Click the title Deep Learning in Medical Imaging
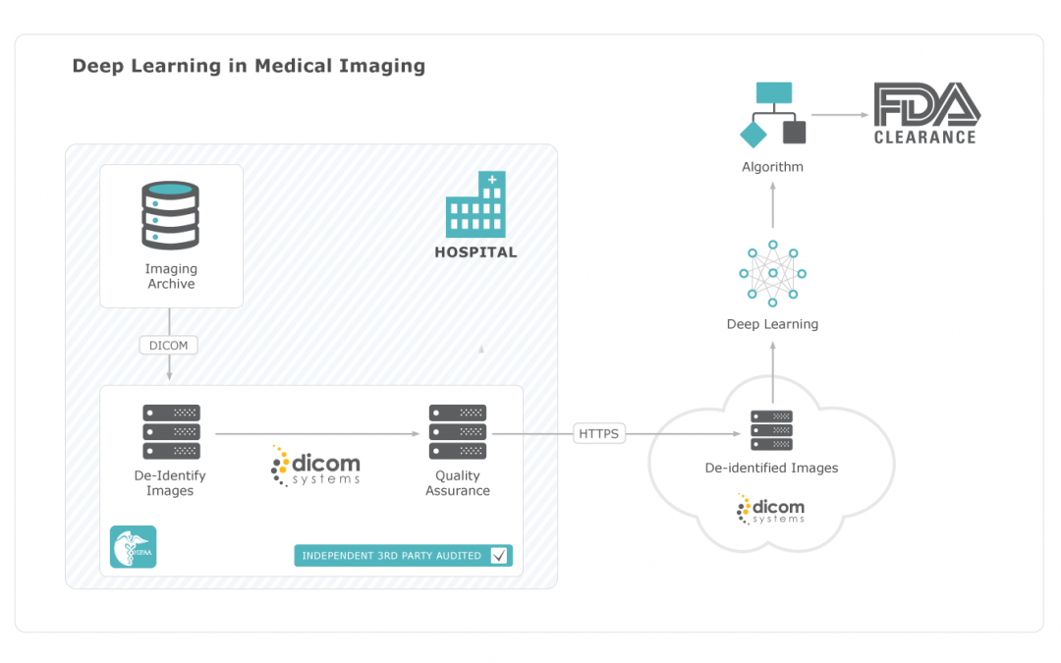[249, 67]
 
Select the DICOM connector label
[170, 345]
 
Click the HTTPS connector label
[598, 433]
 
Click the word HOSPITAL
[475, 252]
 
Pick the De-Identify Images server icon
[171, 431]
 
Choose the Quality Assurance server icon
[458, 431]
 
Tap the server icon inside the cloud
[771, 430]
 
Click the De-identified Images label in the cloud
[771, 469]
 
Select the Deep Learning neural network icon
[772, 272]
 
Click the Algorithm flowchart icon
[773, 114]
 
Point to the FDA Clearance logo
[925, 114]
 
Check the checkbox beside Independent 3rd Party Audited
[499, 556]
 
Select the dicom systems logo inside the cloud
[771, 509]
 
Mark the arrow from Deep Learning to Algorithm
[772, 207]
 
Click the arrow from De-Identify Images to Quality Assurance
[314, 433]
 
